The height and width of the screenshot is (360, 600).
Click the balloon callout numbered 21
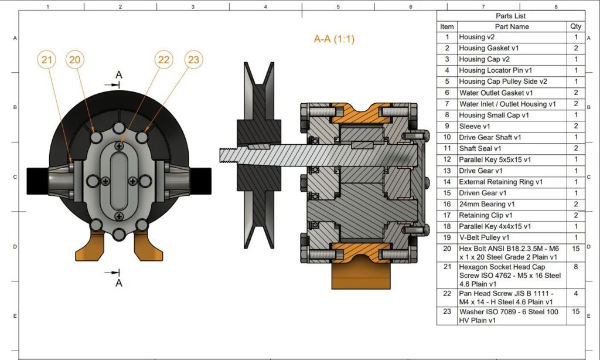(47, 59)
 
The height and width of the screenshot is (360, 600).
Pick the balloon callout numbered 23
(194, 59)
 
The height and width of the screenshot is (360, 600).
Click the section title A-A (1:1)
(334, 39)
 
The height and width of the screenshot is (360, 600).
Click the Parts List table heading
(511, 16)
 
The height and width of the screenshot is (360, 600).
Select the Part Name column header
(511, 26)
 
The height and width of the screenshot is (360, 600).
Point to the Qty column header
(576, 26)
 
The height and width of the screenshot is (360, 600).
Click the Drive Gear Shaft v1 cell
(490, 137)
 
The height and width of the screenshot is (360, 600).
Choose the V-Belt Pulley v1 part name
(485, 237)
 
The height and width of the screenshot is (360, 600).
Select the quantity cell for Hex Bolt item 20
(576, 249)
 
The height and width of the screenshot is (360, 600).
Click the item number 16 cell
(447, 204)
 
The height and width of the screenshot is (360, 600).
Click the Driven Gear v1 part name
(483, 193)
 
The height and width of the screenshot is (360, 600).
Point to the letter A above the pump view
(119, 75)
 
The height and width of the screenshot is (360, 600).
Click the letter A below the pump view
(119, 283)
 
